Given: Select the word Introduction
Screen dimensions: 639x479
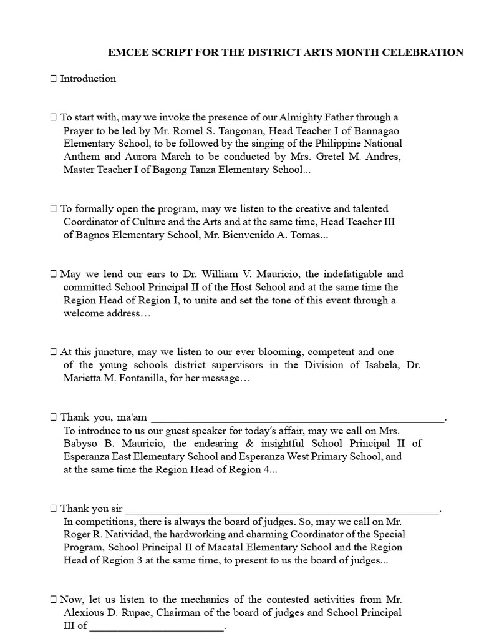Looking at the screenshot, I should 88,79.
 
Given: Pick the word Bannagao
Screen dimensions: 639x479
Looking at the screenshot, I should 375,130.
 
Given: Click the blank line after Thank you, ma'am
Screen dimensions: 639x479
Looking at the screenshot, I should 298,417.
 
